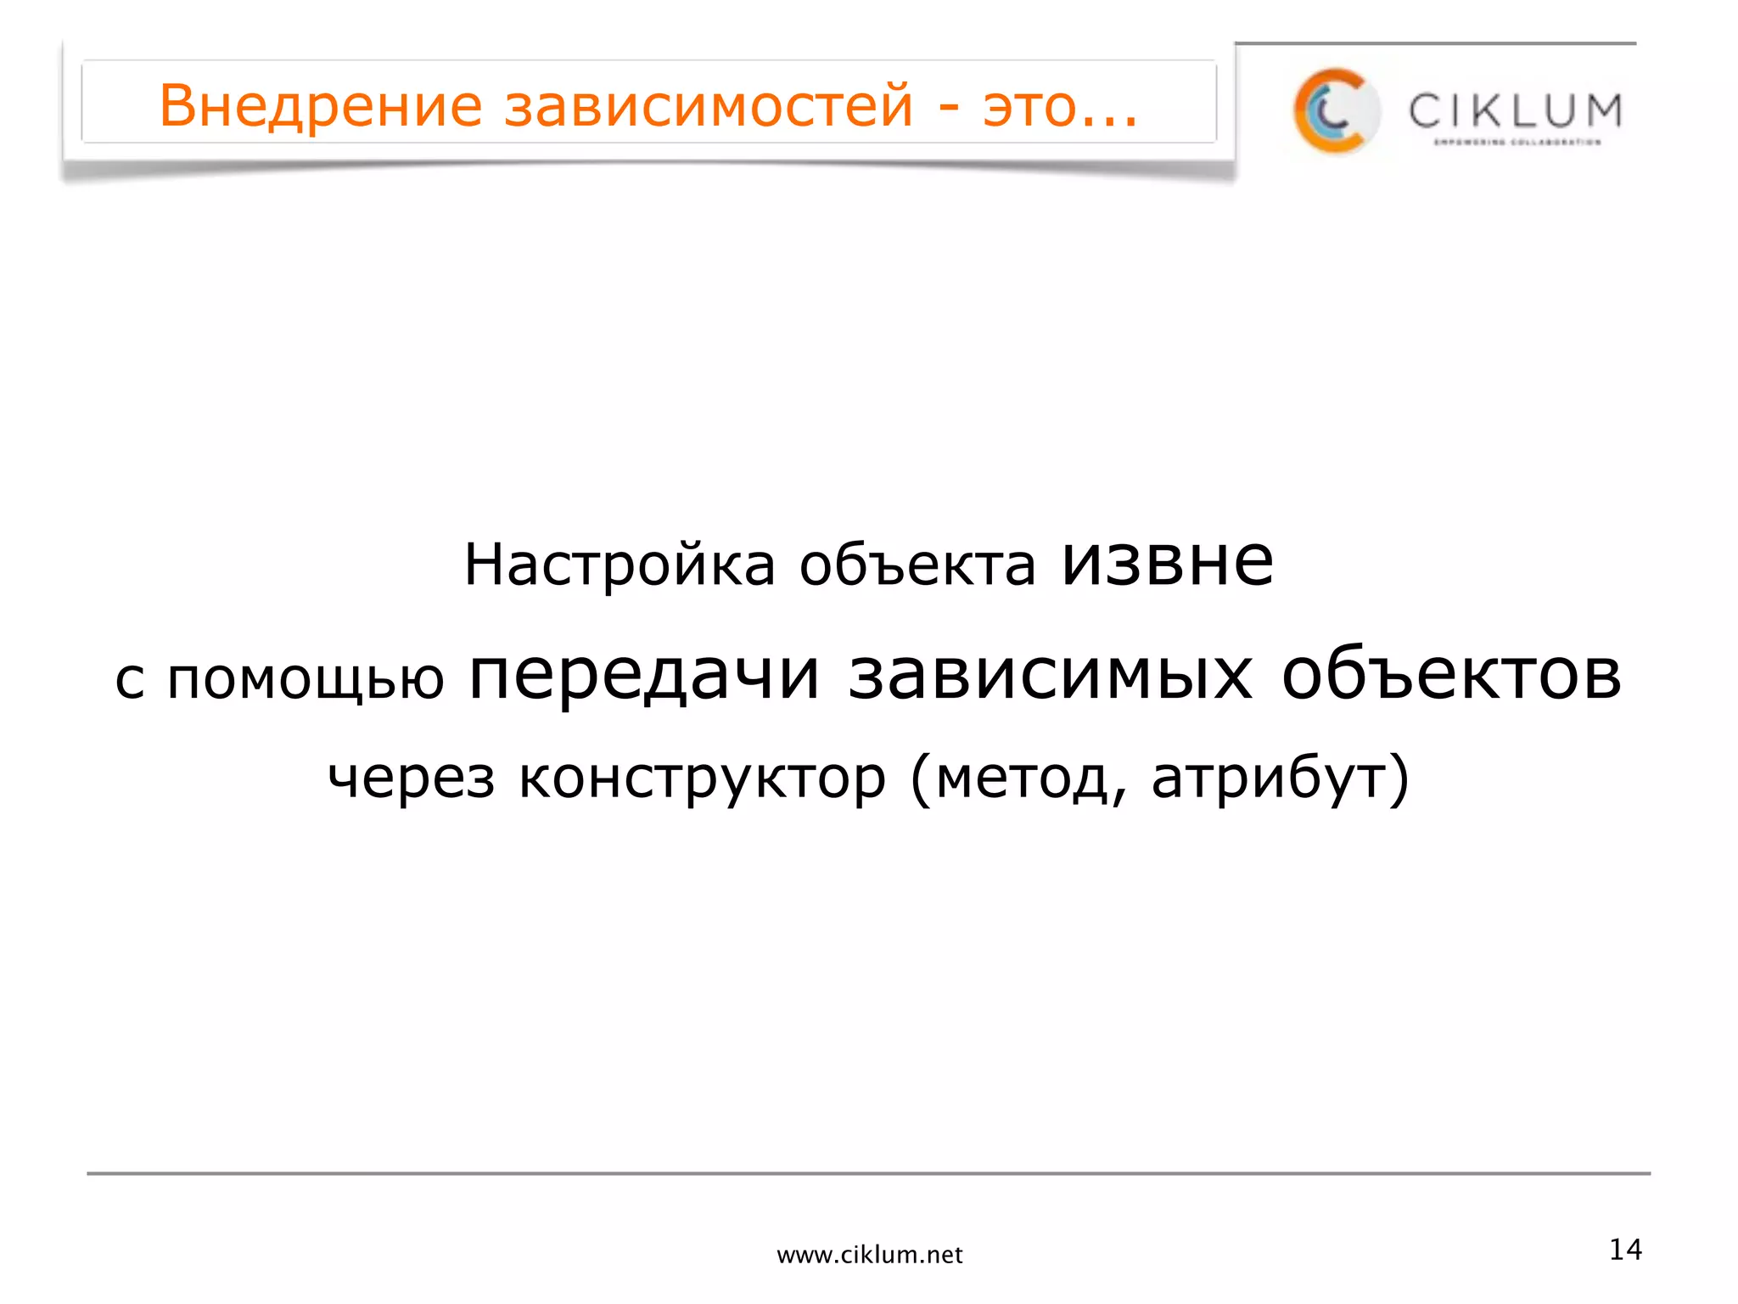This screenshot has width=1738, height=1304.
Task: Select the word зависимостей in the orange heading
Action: point(709,106)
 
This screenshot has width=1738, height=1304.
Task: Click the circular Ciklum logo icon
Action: point(1336,111)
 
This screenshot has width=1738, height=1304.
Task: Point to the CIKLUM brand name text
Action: point(1515,111)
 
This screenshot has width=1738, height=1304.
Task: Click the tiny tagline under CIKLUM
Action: point(1517,143)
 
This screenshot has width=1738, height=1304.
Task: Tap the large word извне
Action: point(1168,562)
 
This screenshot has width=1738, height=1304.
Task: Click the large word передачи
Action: point(645,677)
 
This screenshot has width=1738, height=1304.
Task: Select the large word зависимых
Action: point(1051,677)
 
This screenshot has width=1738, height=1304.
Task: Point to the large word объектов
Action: point(1451,677)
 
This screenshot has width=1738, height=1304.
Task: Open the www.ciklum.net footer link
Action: point(870,1255)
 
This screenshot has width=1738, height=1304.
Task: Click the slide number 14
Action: point(1625,1250)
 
